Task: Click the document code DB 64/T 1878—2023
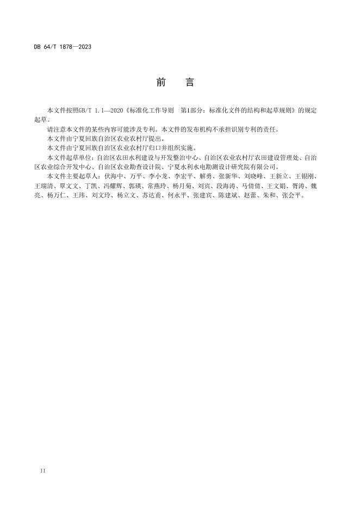coord(63,47)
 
